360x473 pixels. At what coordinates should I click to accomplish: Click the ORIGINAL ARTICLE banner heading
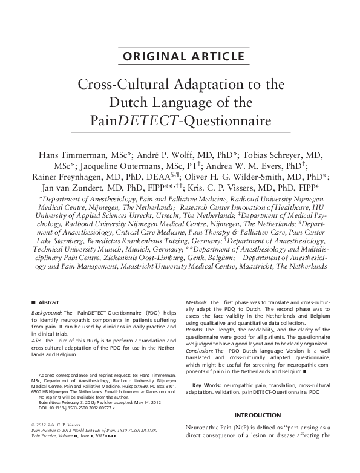(x=180, y=57)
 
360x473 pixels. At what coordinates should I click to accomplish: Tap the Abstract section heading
(x=48, y=301)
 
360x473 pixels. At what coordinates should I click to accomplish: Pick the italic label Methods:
(x=196, y=301)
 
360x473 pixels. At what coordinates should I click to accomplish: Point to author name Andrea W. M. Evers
(x=261, y=165)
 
